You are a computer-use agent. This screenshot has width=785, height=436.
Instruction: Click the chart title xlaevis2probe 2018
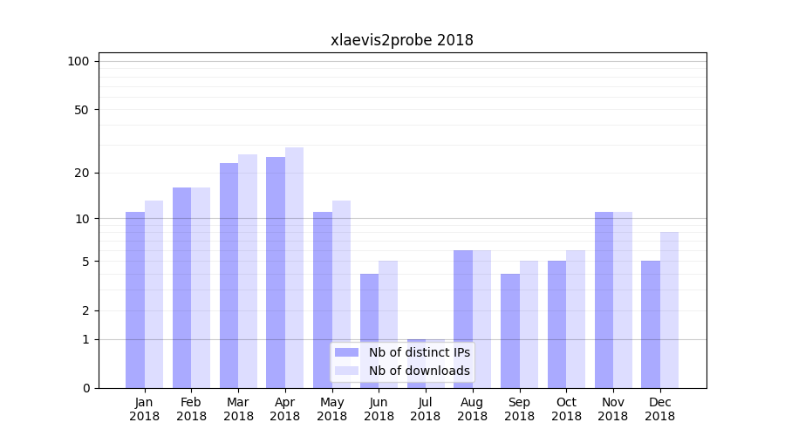click(402, 40)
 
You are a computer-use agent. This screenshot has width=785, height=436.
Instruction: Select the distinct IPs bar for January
click(135, 300)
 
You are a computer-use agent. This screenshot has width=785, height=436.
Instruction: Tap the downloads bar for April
click(294, 268)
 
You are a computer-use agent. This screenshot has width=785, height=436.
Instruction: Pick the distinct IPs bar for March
click(229, 276)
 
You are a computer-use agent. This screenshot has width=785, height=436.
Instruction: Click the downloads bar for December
click(669, 310)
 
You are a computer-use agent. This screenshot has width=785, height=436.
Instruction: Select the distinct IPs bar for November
click(604, 300)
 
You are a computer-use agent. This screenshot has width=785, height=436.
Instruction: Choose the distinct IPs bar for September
click(510, 330)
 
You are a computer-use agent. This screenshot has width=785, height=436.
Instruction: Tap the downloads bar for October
click(576, 319)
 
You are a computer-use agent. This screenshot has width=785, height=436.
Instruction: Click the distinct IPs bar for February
click(181, 288)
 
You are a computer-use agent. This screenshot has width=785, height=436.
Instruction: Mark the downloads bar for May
click(341, 294)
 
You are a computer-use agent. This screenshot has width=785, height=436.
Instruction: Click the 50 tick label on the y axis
click(82, 110)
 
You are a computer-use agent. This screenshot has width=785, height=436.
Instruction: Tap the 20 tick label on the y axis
click(82, 173)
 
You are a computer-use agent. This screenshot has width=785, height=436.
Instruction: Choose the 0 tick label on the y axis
click(85, 388)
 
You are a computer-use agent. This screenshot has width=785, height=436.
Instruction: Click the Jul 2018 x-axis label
click(426, 409)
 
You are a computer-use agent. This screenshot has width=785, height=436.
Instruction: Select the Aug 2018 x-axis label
click(472, 409)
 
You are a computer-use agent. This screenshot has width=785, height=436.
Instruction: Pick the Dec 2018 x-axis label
click(659, 409)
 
